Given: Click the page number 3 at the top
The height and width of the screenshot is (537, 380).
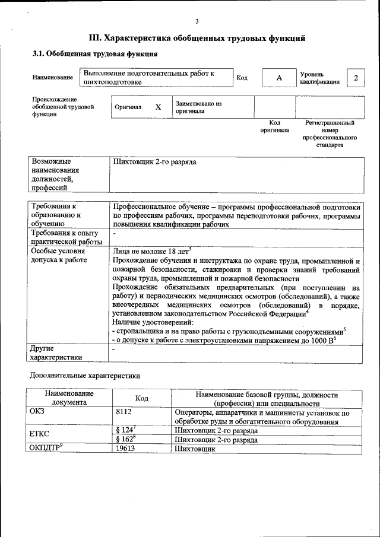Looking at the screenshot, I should pos(197,22).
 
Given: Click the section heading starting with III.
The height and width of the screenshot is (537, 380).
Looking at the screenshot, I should pos(197,39).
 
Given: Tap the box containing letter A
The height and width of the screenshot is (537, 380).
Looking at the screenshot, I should pos(279,78).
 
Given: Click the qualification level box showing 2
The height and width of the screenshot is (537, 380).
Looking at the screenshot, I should pos(356,78).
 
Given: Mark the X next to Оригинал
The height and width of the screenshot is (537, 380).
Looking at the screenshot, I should pos(158,107).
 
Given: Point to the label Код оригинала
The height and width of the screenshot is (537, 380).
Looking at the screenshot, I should pos(274,126).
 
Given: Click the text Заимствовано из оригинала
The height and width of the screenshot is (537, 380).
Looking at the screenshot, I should pos(198,107).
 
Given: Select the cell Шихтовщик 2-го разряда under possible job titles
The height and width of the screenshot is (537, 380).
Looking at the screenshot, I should pos(154,161).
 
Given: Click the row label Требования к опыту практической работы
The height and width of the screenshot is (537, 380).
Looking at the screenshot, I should pos(66,237).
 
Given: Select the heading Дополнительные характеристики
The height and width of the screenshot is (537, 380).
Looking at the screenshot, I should pos(84,376).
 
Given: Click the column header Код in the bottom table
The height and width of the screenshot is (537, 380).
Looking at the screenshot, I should pos(142,398).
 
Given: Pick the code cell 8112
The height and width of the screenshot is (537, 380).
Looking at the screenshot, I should pos(124,411).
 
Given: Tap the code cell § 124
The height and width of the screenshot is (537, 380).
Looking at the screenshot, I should pos(126,430).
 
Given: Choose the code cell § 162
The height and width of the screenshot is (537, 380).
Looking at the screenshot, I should pos(126,440).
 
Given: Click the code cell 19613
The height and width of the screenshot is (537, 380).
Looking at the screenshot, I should pos(126,449).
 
